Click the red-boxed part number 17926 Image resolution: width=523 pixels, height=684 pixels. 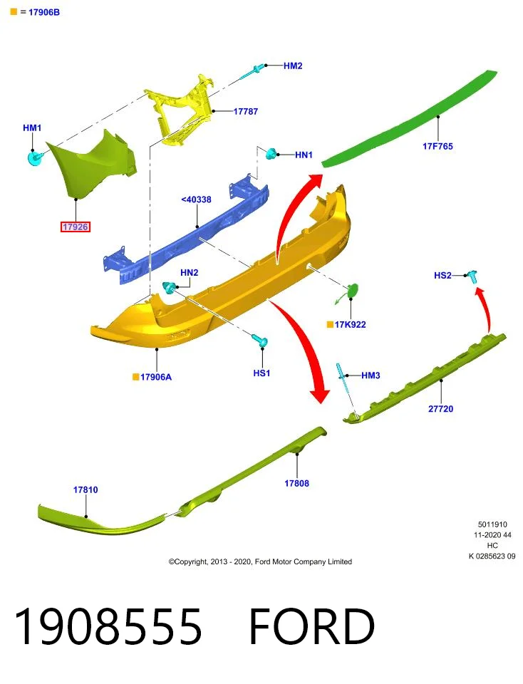(76, 227)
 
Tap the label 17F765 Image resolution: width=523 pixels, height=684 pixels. (437, 147)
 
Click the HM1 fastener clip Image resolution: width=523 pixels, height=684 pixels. (34, 157)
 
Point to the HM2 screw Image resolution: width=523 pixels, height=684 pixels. (252, 72)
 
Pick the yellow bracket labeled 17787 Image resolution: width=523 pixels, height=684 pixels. (179, 110)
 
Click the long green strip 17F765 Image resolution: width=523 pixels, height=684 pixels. (410, 118)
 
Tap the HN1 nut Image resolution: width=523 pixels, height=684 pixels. (271, 154)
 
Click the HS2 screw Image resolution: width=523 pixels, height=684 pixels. (472, 276)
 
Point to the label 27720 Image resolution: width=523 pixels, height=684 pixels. (440, 409)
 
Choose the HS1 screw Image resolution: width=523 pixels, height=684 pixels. (260, 341)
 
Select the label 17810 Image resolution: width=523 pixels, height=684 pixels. (86, 490)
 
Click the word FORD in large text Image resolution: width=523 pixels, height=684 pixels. (311, 626)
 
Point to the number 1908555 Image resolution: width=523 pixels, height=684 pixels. (108, 626)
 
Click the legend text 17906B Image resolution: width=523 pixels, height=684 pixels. (44, 12)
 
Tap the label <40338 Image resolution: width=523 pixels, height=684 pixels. (196, 199)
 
